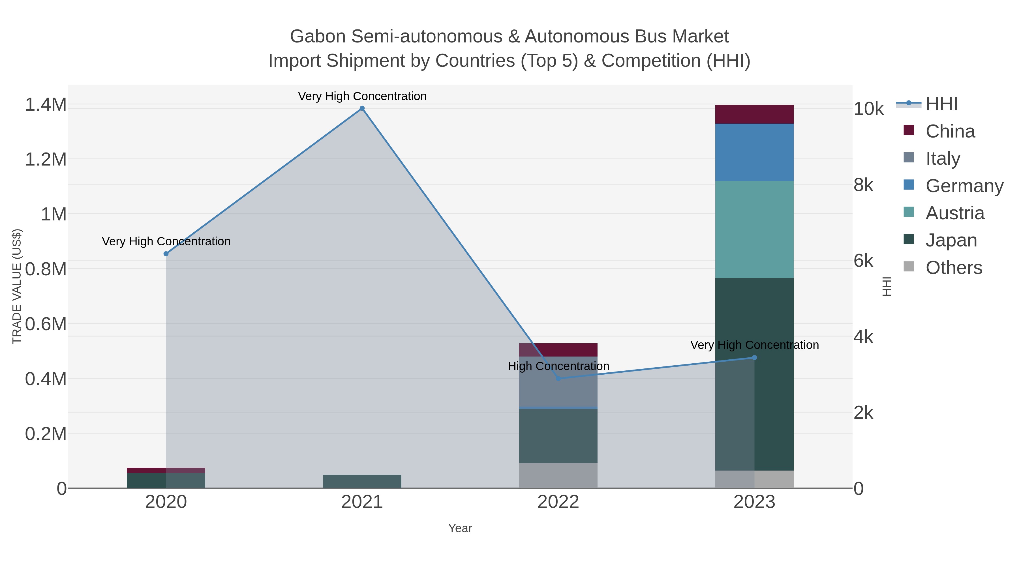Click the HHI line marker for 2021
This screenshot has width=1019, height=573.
click(x=362, y=108)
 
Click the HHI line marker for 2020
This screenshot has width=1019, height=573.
click(x=166, y=254)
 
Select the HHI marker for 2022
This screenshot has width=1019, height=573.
click(x=558, y=378)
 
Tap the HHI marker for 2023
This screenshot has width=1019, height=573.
click(x=754, y=357)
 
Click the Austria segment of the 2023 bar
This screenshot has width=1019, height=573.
click(x=754, y=229)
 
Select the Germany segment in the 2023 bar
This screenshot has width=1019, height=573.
click(x=754, y=152)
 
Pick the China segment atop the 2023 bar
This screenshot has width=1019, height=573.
click(x=754, y=114)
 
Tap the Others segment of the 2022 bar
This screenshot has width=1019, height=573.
click(x=558, y=475)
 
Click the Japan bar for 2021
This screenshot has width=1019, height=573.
click(x=362, y=481)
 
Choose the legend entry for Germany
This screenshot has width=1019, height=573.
click(x=964, y=185)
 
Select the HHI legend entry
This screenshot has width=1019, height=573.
click(x=941, y=104)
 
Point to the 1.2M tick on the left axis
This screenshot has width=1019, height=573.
click(x=46, y=159)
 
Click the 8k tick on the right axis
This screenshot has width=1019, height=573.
click(x=864, y=185)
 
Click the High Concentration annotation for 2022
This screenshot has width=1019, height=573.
click(x=558, y=366)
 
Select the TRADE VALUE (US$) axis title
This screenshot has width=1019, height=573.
click(x=17, y=286)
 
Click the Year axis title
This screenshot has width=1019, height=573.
click(x=460, y=528)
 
